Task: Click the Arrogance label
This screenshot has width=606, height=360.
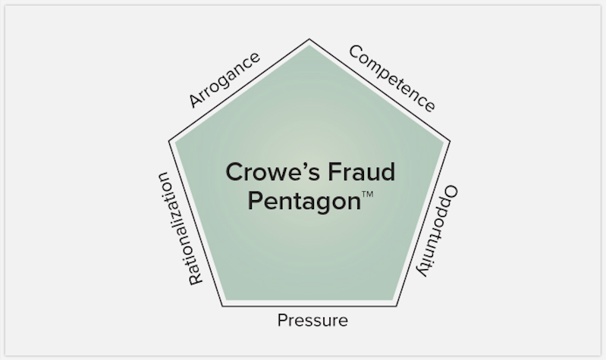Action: [225, 80]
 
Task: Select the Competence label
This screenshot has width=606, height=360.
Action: [392, 78]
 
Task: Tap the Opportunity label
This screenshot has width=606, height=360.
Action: [438, 231]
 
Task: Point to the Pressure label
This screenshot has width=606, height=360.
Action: [312, 321]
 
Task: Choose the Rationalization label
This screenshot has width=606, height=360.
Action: [180, 229]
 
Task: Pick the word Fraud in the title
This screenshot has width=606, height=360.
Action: [362, 172]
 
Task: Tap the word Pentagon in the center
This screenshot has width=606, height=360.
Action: [304, 202]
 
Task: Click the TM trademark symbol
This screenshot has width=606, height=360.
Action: [368, 194]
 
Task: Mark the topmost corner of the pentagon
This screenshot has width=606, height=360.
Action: [309, 39]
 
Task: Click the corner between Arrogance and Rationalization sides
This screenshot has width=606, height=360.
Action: [169, 141]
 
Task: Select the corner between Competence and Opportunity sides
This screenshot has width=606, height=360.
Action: [450, 141]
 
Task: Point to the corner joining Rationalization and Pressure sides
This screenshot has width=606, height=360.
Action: [223, 306]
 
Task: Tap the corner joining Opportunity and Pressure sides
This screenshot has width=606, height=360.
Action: [397, 306]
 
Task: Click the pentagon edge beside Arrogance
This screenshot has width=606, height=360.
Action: [239, 90]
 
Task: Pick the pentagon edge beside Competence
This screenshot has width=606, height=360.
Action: [379, 90]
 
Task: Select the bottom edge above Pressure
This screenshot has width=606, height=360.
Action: [309, 306]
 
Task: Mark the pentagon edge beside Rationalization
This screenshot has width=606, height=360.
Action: [196, 224]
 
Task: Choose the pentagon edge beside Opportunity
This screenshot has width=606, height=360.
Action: [423, 224]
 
